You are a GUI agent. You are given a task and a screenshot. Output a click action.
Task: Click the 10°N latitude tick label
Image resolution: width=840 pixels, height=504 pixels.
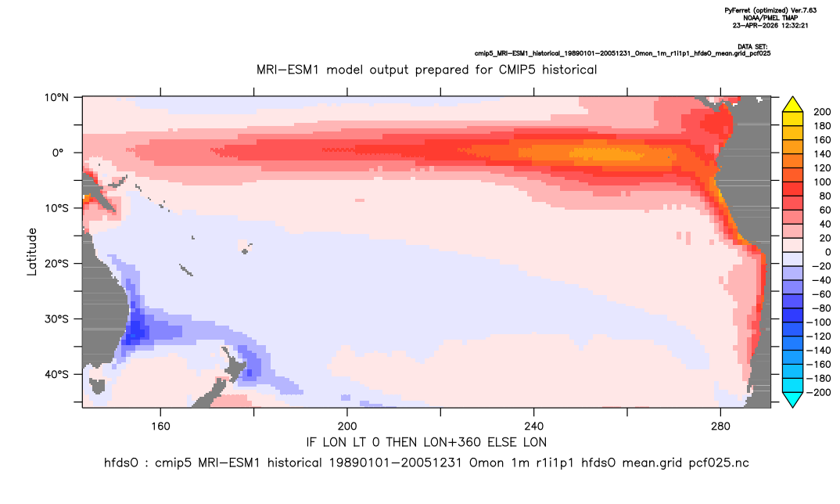57,98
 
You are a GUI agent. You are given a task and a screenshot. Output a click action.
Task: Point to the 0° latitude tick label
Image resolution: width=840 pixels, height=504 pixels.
58,153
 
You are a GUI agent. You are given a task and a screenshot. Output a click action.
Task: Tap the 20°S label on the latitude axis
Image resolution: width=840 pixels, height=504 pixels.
56,263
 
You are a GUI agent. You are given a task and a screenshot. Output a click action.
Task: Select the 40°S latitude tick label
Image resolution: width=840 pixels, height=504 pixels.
56,374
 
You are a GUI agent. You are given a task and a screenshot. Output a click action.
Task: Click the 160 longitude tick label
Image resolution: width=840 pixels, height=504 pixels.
160,427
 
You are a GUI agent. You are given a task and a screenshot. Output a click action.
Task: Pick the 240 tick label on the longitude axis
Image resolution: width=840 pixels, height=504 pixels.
534,427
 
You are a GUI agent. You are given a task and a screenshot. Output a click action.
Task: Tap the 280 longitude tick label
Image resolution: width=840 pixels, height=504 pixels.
720,427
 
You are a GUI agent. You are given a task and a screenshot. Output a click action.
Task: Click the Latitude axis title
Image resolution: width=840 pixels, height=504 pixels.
32,252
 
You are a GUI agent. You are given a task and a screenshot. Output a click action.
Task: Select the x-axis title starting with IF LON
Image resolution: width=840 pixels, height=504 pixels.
426,442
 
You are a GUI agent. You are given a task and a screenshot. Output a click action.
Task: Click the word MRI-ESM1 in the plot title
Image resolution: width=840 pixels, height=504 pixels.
289,70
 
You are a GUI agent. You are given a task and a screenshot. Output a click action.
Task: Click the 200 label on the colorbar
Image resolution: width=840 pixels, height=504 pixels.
822,112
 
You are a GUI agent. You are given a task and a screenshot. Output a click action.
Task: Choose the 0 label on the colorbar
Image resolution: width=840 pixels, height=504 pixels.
827,252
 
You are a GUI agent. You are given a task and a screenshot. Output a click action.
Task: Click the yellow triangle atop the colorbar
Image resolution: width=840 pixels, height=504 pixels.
793,105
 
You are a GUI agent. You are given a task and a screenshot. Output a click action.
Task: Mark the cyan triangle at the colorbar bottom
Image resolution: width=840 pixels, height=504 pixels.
793,399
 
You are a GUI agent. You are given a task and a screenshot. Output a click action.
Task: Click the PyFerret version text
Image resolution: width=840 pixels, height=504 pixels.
770,10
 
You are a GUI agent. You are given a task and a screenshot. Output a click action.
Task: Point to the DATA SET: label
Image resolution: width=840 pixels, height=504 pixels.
752,47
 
